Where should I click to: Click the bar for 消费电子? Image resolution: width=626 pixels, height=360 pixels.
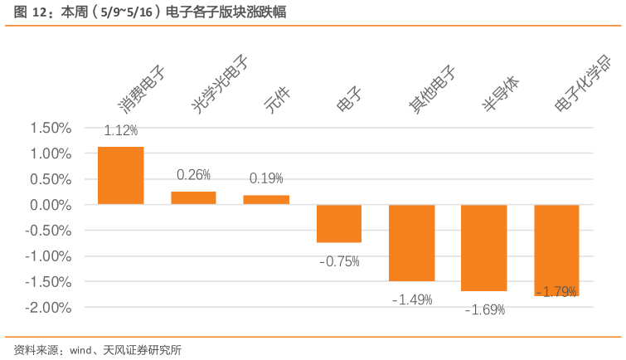121,175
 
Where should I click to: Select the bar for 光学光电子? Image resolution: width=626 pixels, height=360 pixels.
193,197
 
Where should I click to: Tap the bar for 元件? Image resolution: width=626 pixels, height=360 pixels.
266,199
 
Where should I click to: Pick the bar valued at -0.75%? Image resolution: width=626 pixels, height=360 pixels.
339,223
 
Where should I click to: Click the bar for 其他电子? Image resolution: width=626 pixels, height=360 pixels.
411,242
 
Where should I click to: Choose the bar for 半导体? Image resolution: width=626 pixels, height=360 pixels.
483,247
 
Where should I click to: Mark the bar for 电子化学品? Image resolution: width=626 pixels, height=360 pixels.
556,250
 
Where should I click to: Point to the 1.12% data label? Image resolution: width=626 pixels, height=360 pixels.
121,130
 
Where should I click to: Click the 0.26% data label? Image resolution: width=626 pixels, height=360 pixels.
194,175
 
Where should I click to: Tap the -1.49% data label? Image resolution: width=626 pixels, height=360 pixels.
412,299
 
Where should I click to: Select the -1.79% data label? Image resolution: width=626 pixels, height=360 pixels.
556,291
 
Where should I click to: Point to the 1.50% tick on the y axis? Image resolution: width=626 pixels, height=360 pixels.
51,128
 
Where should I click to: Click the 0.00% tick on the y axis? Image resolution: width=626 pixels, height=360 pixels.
51,205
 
